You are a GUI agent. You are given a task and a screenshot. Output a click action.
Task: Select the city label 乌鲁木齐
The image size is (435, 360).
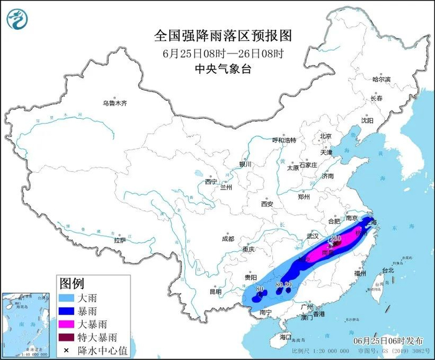tap(115, 103)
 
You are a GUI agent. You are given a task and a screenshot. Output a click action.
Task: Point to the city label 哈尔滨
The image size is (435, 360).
tap(381, 80)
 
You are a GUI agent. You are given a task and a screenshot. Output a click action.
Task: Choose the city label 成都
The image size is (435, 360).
tap(227, 239)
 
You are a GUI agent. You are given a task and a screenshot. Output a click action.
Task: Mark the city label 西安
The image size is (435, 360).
tap(267, 204)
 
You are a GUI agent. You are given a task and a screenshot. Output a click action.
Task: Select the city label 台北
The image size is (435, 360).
tap(388, 270)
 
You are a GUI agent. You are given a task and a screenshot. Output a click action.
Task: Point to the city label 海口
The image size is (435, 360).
tap(285, 336)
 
